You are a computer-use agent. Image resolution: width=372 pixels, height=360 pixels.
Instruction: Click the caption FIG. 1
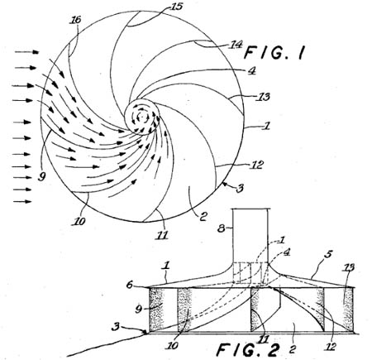(x=274, y=52)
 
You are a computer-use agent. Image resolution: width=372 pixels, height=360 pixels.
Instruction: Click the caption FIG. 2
(x=247, y=350)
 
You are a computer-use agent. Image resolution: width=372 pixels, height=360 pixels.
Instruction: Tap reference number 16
(x=75, y=20)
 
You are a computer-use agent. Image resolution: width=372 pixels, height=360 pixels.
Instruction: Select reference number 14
(x=237, y=44)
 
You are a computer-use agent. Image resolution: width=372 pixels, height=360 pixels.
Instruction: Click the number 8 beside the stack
(x=222, y=228)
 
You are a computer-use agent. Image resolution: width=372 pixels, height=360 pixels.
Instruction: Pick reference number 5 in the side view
(x=328, y=254)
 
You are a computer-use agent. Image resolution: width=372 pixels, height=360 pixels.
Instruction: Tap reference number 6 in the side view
(x=130, y=285)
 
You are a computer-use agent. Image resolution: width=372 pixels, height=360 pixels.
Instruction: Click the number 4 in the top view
(x=251, y=70)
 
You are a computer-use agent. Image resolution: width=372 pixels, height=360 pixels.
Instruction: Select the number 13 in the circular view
(x=264, y=97)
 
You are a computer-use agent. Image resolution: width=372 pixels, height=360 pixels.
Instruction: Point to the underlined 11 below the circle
(x=162, y=235)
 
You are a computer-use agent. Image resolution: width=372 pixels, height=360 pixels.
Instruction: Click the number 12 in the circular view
(x=257, y=165)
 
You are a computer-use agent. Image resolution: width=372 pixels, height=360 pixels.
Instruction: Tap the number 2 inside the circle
(x=203, y=216)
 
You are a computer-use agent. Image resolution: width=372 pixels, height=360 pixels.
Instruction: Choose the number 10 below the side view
(x=173, y=345)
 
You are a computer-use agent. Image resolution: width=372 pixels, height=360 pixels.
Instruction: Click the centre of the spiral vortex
(x=142, y=117)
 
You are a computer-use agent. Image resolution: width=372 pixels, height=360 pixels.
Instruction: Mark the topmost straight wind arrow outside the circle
(x=26, y=52)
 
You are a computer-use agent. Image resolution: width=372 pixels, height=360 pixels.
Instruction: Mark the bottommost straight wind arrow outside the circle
(x=22, y=202)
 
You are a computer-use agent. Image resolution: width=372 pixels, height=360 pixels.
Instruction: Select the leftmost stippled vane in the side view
(x=156, y=310)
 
